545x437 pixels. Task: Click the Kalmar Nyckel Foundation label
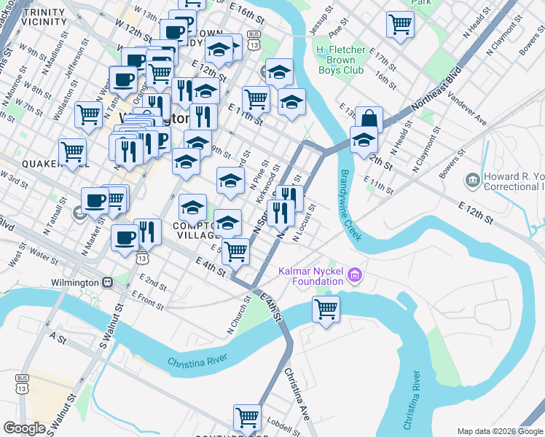click(x=311, y=276)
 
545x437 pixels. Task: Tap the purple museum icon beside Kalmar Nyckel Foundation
click(x=355, y=275)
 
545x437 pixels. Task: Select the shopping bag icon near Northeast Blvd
click(x=369, y=119)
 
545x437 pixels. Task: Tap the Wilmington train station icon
click(x=107, y=282)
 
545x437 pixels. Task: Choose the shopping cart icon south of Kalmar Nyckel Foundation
click(x=326, y=308)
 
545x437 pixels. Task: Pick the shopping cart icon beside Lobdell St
click(x=247, y=417)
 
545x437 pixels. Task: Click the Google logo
click(x=24, y=428)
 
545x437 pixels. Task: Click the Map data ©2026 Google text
click(x=500, y=430)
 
